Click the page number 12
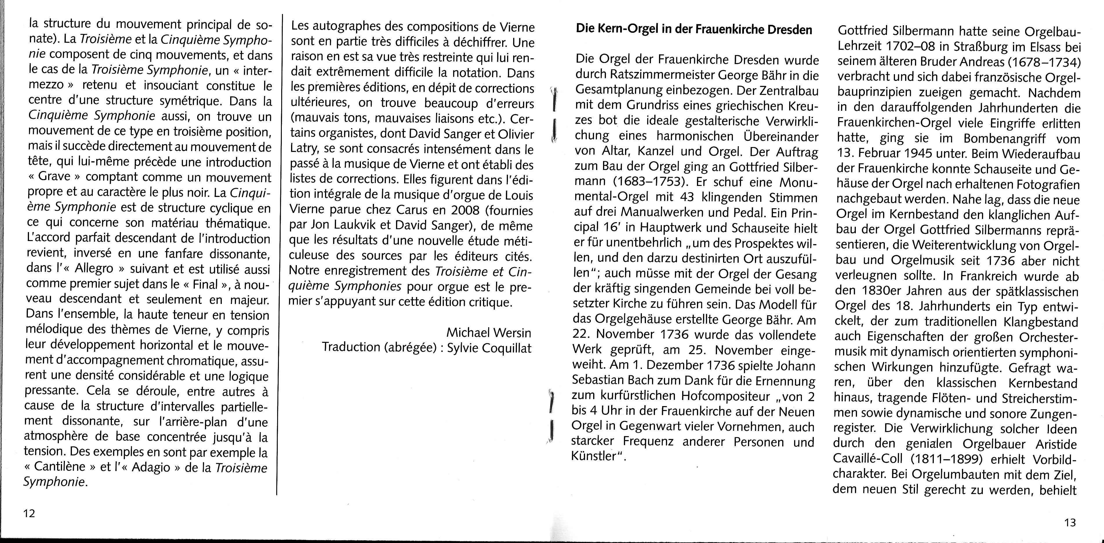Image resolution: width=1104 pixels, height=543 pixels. click(29, 513)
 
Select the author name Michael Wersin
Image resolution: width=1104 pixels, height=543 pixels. click(489, 332)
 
